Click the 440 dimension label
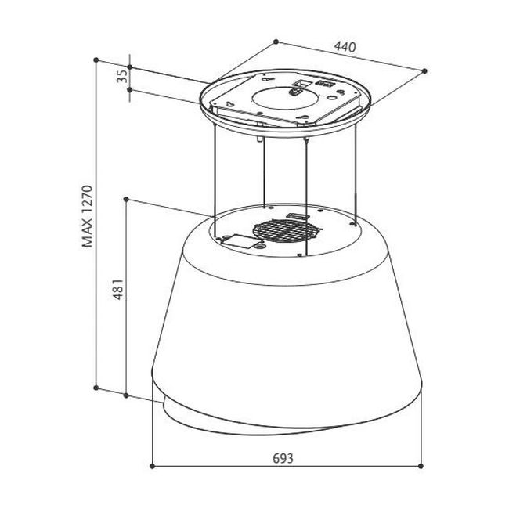345,47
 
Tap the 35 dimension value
122,77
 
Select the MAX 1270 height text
88,216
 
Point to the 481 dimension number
118,289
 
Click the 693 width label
283,458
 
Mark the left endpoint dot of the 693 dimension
152,466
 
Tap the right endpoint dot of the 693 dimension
421,466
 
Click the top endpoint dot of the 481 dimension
126,199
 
